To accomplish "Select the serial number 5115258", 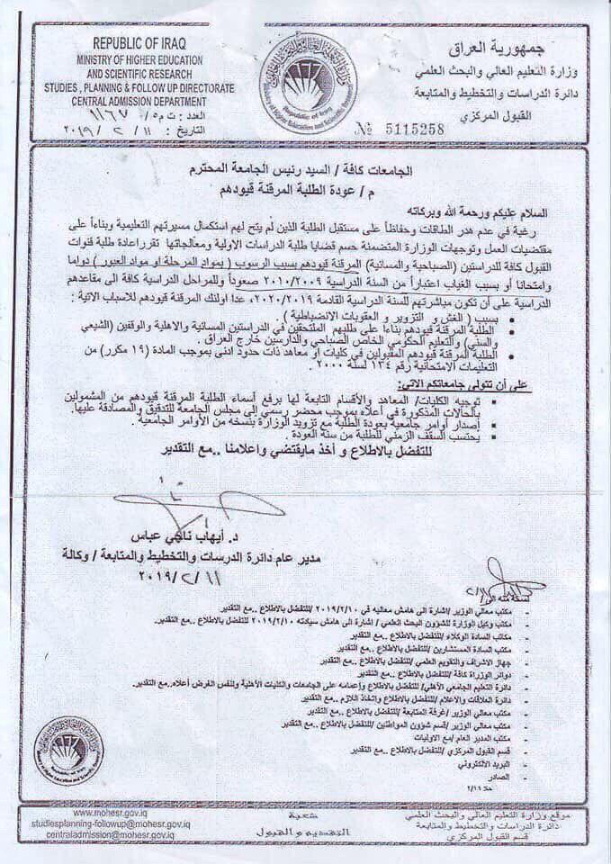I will coord(409,129).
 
